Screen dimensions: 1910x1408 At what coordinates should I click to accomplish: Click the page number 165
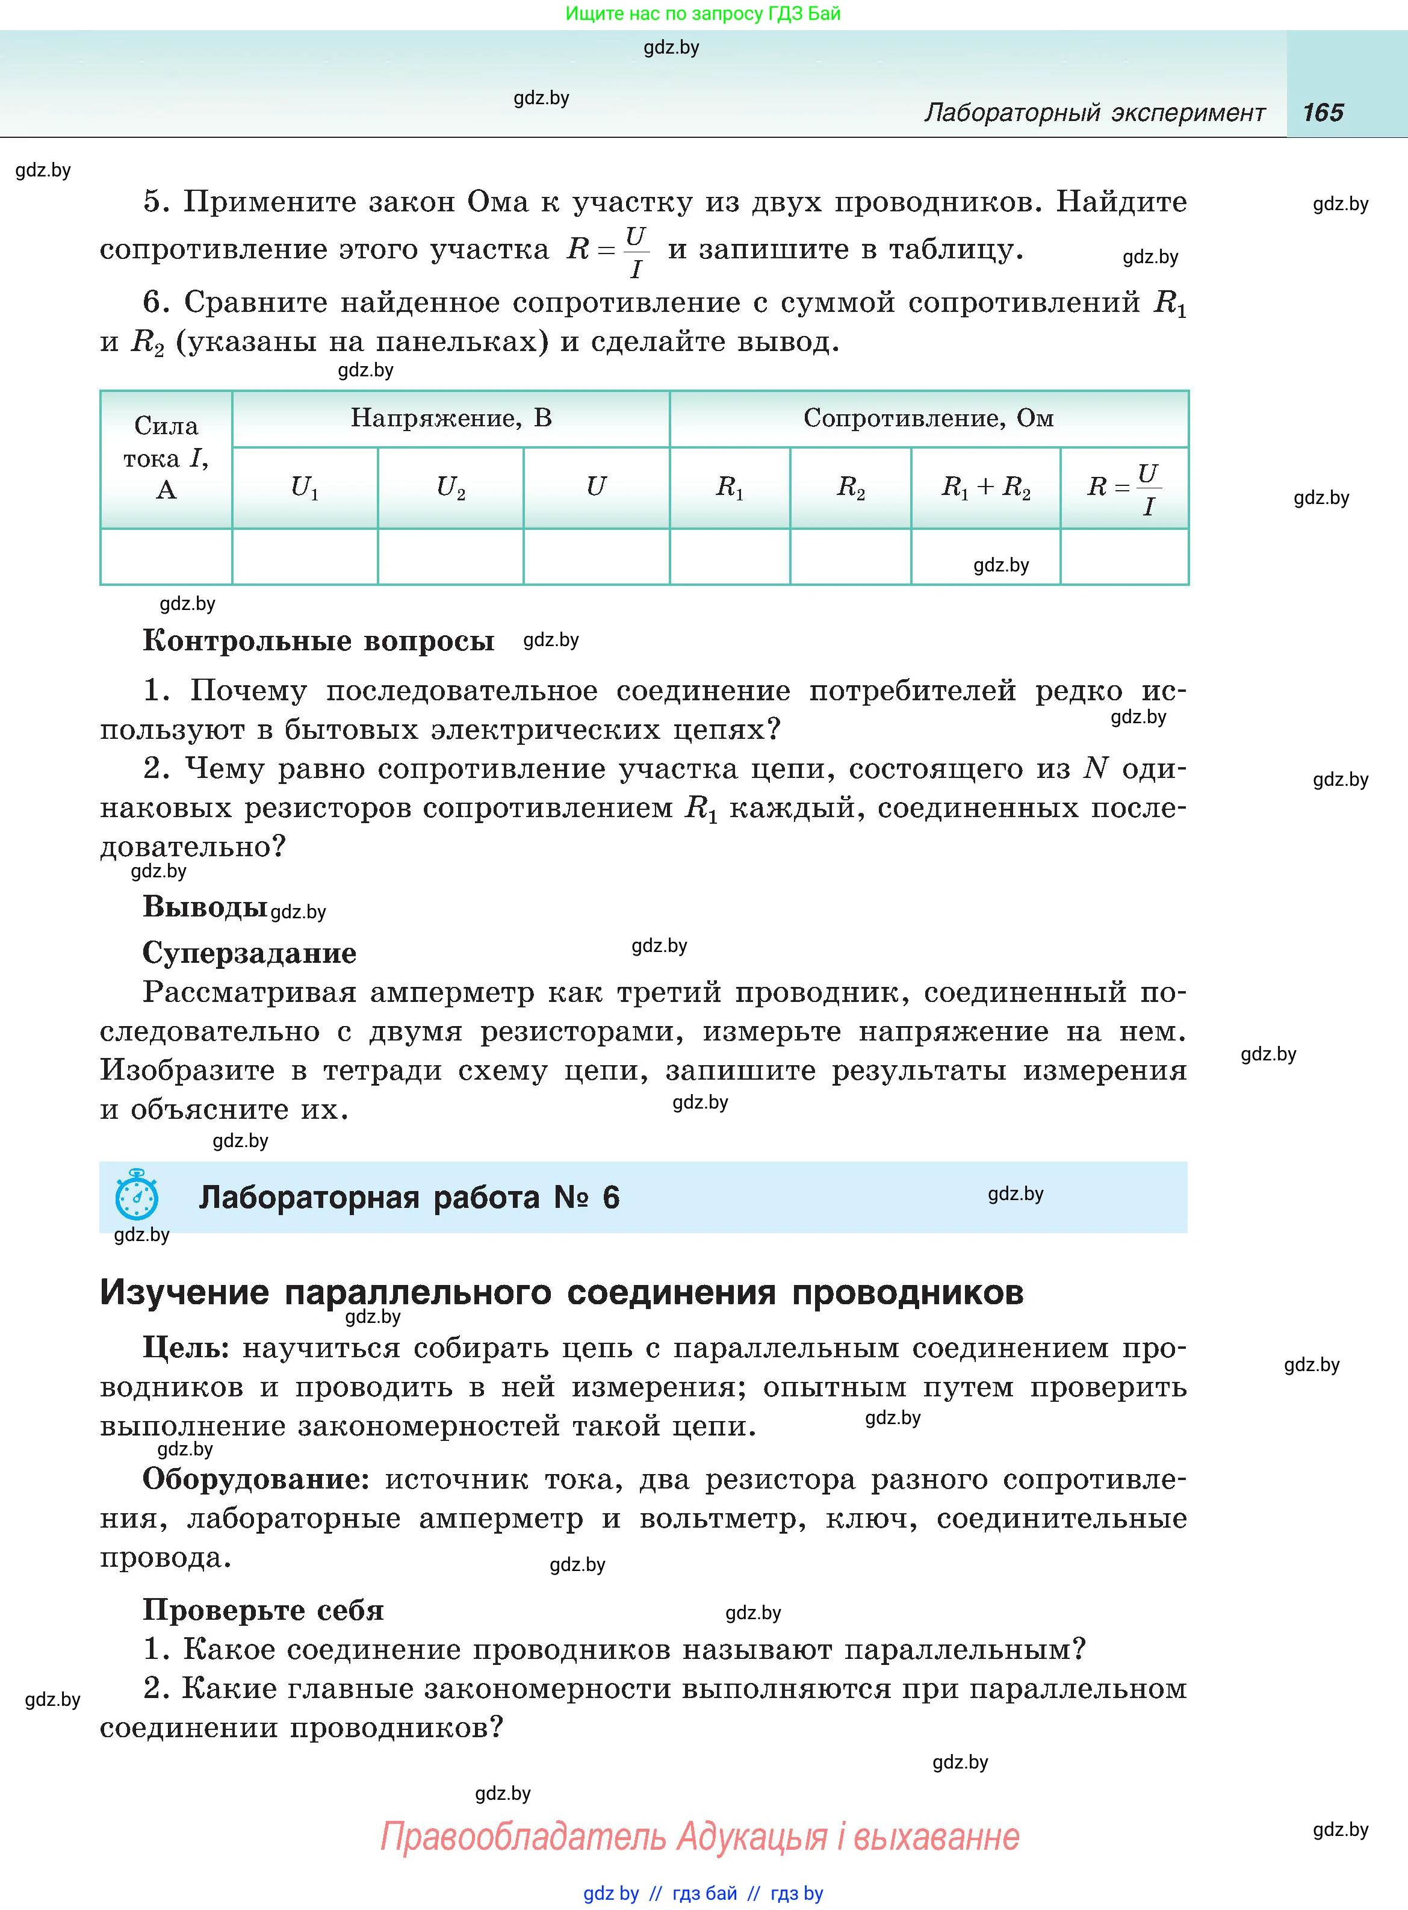1323,113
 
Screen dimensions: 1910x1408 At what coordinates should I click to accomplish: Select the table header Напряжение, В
451,418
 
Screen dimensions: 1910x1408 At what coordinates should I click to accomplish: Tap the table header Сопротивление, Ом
928,418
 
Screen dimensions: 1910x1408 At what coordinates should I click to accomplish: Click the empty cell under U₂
450,556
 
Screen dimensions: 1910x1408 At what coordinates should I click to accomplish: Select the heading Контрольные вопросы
318,640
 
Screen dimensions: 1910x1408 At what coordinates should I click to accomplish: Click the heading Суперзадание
249,952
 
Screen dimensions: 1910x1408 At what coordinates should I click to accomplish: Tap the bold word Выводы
205,906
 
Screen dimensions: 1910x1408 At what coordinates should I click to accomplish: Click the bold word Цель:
186,1348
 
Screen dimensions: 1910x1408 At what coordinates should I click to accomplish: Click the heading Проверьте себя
262,1610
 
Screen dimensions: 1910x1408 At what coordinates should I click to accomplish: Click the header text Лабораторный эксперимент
1094,113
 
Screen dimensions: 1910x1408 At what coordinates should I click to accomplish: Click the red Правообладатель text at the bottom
522,1836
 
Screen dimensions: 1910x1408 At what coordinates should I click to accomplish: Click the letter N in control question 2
1095,769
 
